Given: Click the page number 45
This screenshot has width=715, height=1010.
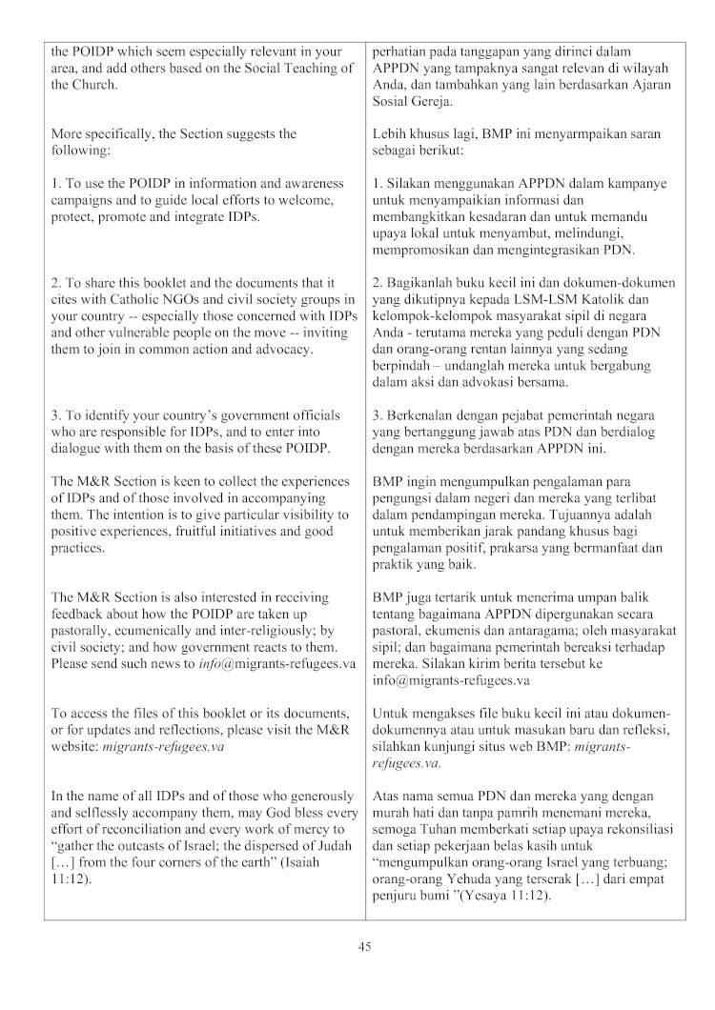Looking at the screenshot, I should point(364,946).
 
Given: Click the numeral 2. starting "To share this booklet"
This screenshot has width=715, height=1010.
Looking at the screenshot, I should point(56,282).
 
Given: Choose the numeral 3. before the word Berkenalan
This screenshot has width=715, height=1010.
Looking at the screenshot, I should point(378,414).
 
